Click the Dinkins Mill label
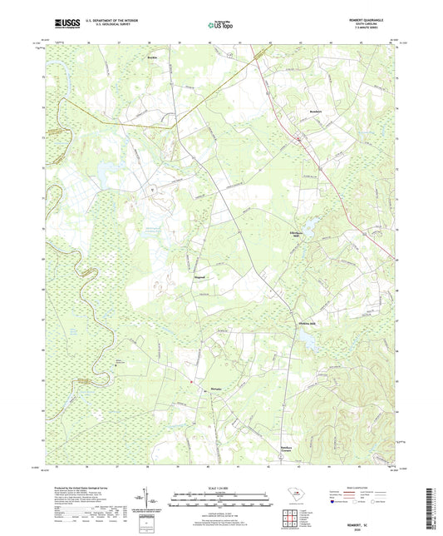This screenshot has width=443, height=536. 307,325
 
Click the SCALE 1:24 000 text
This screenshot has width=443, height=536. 221,488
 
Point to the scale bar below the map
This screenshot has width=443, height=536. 221,501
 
